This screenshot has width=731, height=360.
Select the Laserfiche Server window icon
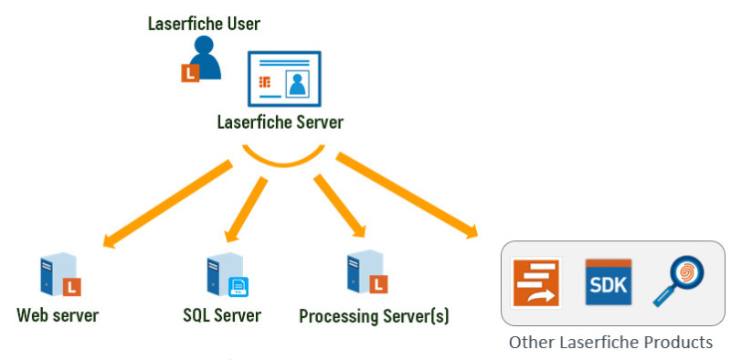[284, 82]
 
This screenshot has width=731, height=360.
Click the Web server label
[58, 316]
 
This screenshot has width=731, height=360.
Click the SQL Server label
[222, 316]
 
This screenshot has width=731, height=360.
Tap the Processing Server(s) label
[374, 317]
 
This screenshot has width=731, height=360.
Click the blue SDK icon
[608, 283]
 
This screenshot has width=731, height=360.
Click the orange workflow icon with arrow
[536, 283]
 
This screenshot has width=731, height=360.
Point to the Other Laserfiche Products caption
[609, 344]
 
